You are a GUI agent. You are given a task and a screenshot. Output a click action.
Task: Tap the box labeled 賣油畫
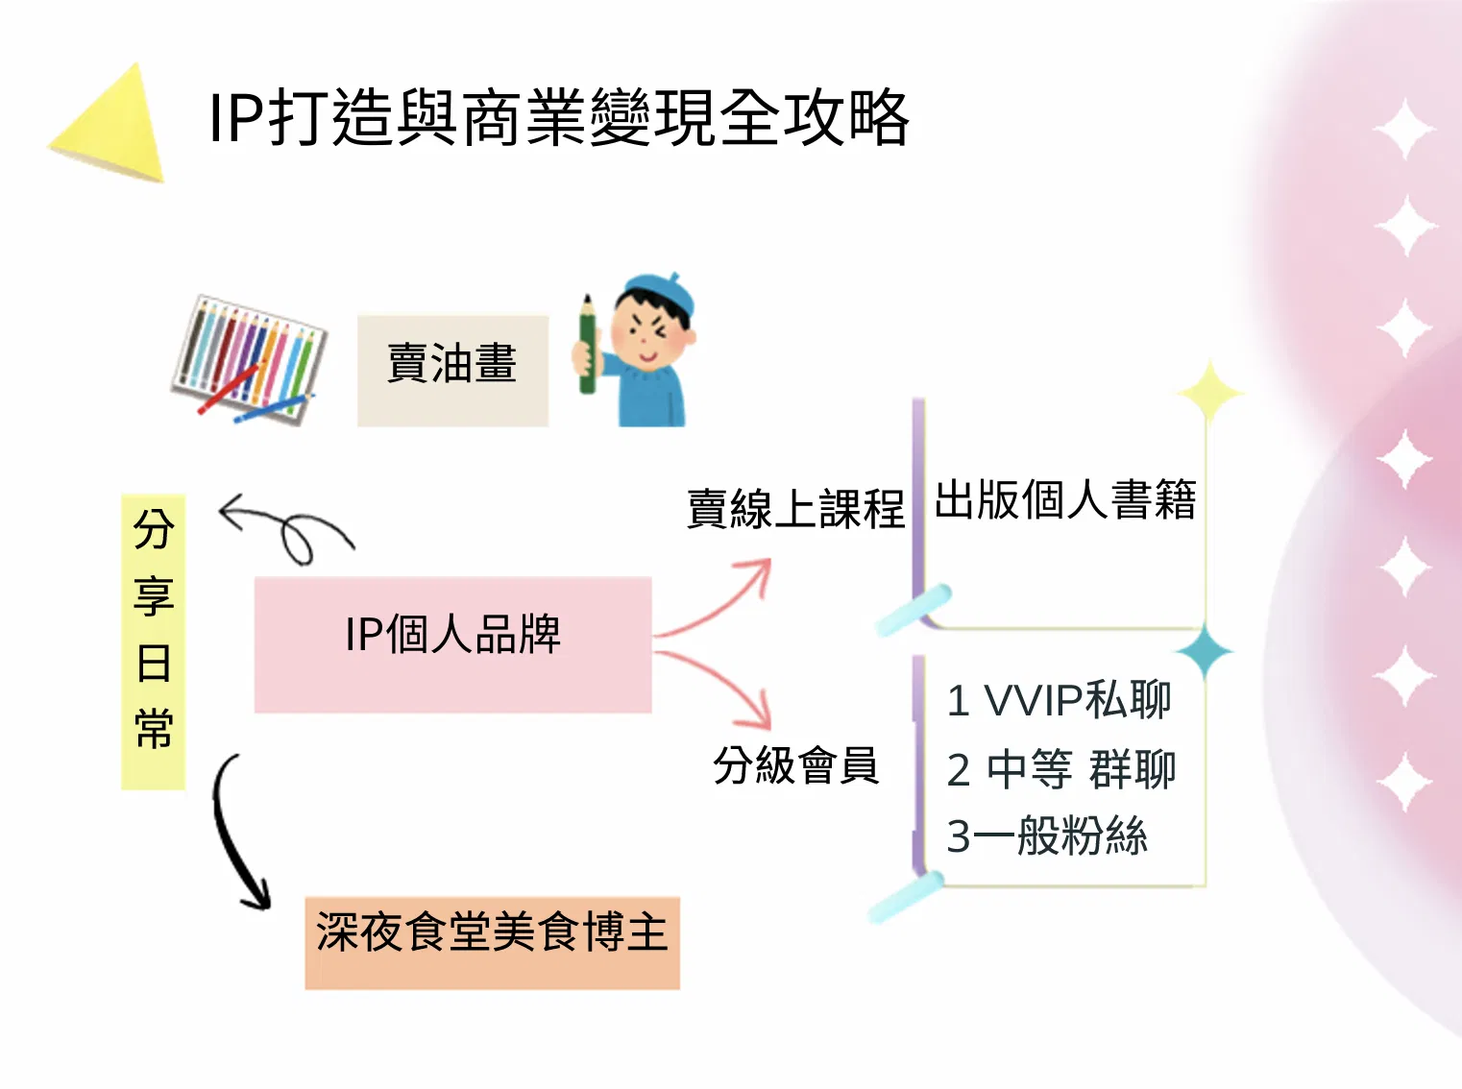[x=452, y=371]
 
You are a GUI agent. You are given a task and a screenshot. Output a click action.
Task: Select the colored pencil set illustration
[x=249, y=360]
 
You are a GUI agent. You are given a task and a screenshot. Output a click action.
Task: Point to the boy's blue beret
[x=659, y=293]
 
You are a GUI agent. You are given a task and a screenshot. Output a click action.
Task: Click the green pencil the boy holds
[x=587, y=345]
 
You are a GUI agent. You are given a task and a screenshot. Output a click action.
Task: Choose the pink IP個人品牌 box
[x=452, y=644]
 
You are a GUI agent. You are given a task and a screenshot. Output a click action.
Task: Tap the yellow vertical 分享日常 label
[x=154, y=641]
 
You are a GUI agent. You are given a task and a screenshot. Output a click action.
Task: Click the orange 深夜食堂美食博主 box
[x=493, y=943]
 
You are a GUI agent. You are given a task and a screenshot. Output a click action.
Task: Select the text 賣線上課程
[x=795, y=509]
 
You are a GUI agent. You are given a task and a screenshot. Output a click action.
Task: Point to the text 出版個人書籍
[x=1065, y=499]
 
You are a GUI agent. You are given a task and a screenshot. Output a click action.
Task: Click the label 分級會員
[x=796, y=765]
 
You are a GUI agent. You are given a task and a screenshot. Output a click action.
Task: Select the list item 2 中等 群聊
[x=1061, y=769]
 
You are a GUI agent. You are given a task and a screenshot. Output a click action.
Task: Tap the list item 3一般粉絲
[x=1047, y=835]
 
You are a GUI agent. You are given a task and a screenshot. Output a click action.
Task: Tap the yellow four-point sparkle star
[x=1210, y=393]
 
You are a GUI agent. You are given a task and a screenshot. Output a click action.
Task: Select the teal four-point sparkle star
[x=1205, y=651]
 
